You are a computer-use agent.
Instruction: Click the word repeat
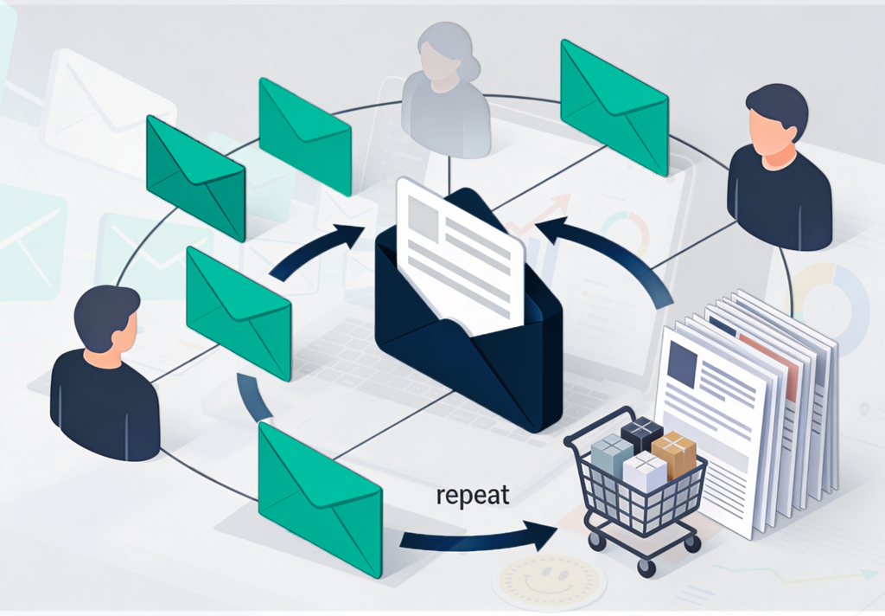(x=474, y=496)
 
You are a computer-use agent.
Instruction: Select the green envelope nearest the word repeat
(x=321, y=499)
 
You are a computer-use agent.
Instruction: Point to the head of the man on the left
(x=106, y=318)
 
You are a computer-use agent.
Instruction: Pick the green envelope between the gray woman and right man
(x=614, y=107)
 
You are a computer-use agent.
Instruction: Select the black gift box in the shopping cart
(x=640, y=432)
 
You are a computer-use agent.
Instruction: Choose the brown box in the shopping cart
(x=674, y=452)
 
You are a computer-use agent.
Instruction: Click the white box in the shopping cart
(x=645, y=472)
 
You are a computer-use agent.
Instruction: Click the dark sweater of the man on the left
(x=104, y=402)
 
